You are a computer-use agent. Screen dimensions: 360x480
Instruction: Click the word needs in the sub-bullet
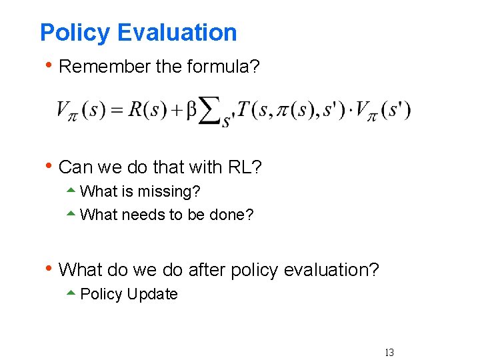tap(147, 215)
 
